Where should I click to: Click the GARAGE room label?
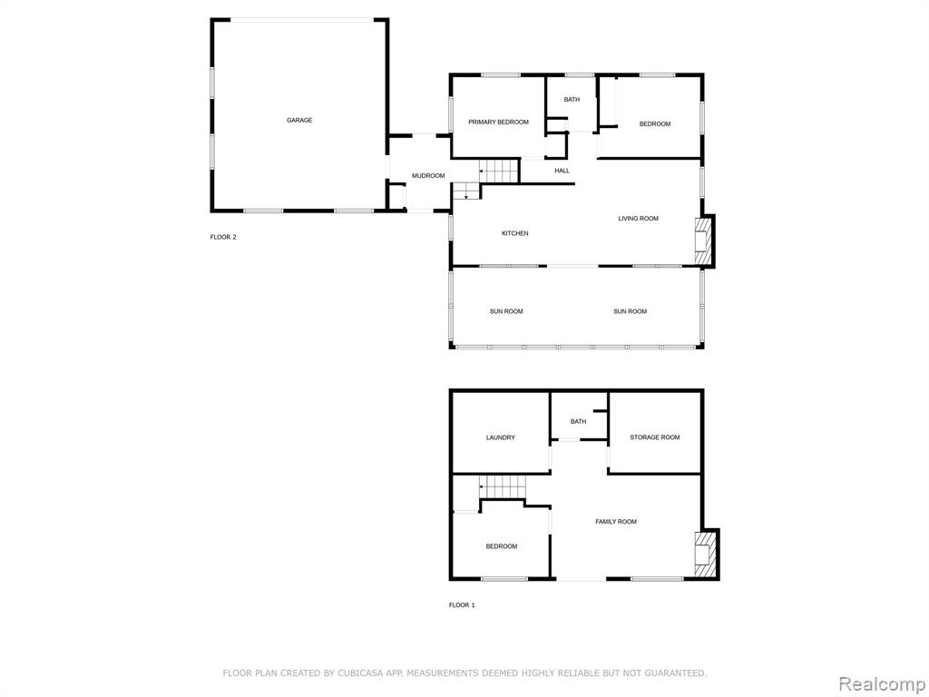(299, 121)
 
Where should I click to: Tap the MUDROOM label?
(428, 176)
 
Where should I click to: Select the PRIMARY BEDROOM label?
(498, 123)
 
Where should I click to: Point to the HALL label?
(562, 171)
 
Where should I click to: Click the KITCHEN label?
(515, 233)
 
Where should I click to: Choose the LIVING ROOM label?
(638, 219)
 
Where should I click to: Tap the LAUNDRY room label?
(501, 438)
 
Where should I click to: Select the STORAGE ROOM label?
(655, 437)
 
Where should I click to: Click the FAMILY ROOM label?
(616, 522)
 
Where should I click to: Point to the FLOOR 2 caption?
(223, 237)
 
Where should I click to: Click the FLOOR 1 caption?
(462, 605)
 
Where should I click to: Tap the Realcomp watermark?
(882, 684)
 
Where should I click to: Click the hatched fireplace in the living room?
(703, 241)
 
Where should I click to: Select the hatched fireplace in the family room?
(705, 555)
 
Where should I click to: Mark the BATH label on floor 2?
(572, 100)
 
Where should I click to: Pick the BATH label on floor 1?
(578, 422)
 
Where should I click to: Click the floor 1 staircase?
(503, 487)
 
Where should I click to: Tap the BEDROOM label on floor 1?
(501, 546)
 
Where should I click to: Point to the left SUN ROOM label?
(506, 312)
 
